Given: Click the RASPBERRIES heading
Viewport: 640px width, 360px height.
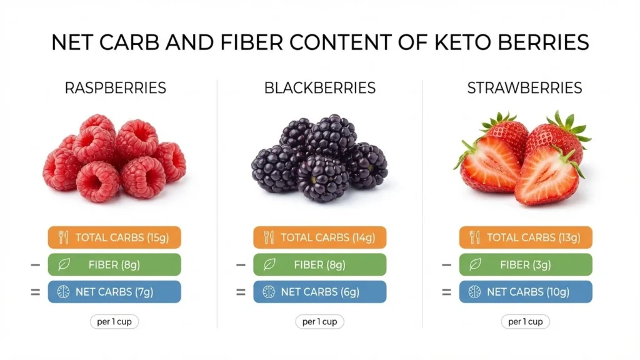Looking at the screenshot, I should click(x=116, y=88).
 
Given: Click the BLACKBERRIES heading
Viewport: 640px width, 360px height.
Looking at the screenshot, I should click(x=320, y=88).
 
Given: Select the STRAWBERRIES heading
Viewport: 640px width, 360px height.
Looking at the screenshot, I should click(x=525, y=88).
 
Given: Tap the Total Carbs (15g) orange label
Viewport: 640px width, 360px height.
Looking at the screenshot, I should click(x=114, y=237).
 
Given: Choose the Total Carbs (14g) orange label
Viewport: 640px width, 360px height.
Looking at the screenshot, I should click(x=320, y=237).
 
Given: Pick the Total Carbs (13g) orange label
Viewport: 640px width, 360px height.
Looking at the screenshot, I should click(x=526, y=237).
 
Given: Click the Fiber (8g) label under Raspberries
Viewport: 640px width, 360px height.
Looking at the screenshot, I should click(x=114, y=264).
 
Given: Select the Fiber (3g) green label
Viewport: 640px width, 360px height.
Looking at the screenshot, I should click(x=526, y=264).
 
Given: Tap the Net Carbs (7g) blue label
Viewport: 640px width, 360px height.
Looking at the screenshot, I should click(x=114, y=292).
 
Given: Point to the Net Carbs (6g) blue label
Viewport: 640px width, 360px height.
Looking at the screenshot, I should click(x=320, y=292).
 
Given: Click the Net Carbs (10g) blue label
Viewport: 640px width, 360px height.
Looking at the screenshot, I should click(x=526, y=292).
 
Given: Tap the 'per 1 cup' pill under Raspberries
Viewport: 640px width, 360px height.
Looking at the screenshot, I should click(x=114, y=322).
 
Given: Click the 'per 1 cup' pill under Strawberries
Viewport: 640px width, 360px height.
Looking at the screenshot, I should click(x=526, y=322).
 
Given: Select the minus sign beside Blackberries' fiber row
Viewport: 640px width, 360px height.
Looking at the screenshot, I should click(x=241, y=265).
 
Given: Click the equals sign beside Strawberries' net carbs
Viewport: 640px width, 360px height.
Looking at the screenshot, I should click(x=446, y=292).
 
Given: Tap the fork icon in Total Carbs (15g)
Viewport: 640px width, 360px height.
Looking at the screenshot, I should click(x=63, y=237).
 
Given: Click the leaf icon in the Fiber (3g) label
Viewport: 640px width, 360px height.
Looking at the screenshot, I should click(x=475, y=264).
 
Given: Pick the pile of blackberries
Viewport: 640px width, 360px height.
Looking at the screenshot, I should click(x=319, y=159).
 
